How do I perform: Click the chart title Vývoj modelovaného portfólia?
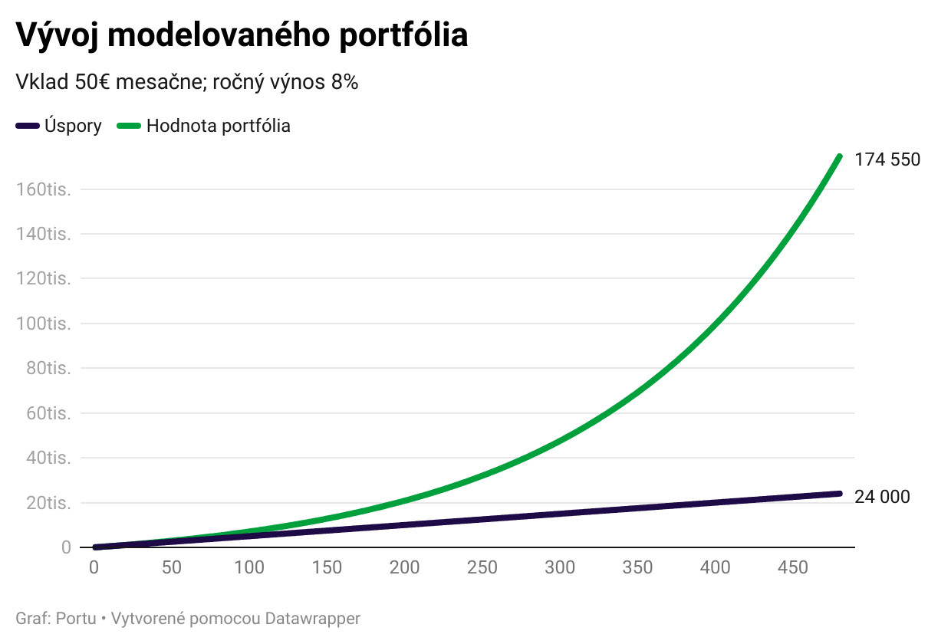point(242,35)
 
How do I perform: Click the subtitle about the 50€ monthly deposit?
point(187,82)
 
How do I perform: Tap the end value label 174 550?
point(887,159)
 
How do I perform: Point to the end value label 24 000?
point(882,497)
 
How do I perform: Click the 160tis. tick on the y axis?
point(44,189)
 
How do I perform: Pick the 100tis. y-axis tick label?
point(44,324)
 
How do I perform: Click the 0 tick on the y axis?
point(66,547)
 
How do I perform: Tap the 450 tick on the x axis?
point(793,568)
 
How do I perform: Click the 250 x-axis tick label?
point(482,568)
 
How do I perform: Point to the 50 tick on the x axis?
point(172,568)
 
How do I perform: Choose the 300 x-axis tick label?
point(560,568)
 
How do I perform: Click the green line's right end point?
point(839,156)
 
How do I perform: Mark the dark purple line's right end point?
point(839,494)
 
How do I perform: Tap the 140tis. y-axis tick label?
point(44,234)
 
